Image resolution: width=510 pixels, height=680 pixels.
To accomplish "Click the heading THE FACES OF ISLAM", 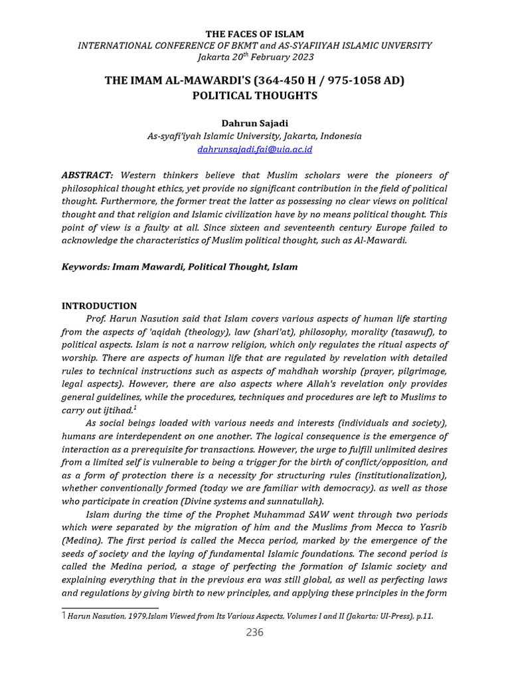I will click(254, 33).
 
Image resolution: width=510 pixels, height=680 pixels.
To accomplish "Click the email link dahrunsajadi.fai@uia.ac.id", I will click(254, 149).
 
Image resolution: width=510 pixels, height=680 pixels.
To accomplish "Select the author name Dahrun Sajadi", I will click(254, 122).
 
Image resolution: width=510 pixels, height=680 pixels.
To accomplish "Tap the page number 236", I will click(254, 632).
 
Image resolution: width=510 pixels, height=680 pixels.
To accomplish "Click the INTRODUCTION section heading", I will click(99, 306).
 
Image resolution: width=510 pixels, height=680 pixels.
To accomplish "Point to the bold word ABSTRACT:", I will click(87, 175).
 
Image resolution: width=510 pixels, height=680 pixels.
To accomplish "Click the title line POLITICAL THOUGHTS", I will click(254, 95).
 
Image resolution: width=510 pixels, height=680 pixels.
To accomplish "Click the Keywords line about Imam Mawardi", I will click(179, 266).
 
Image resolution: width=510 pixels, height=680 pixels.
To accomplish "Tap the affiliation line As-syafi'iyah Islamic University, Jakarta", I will click(254, 135).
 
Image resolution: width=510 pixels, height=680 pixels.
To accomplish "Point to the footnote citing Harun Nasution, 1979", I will click(250, 616).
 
